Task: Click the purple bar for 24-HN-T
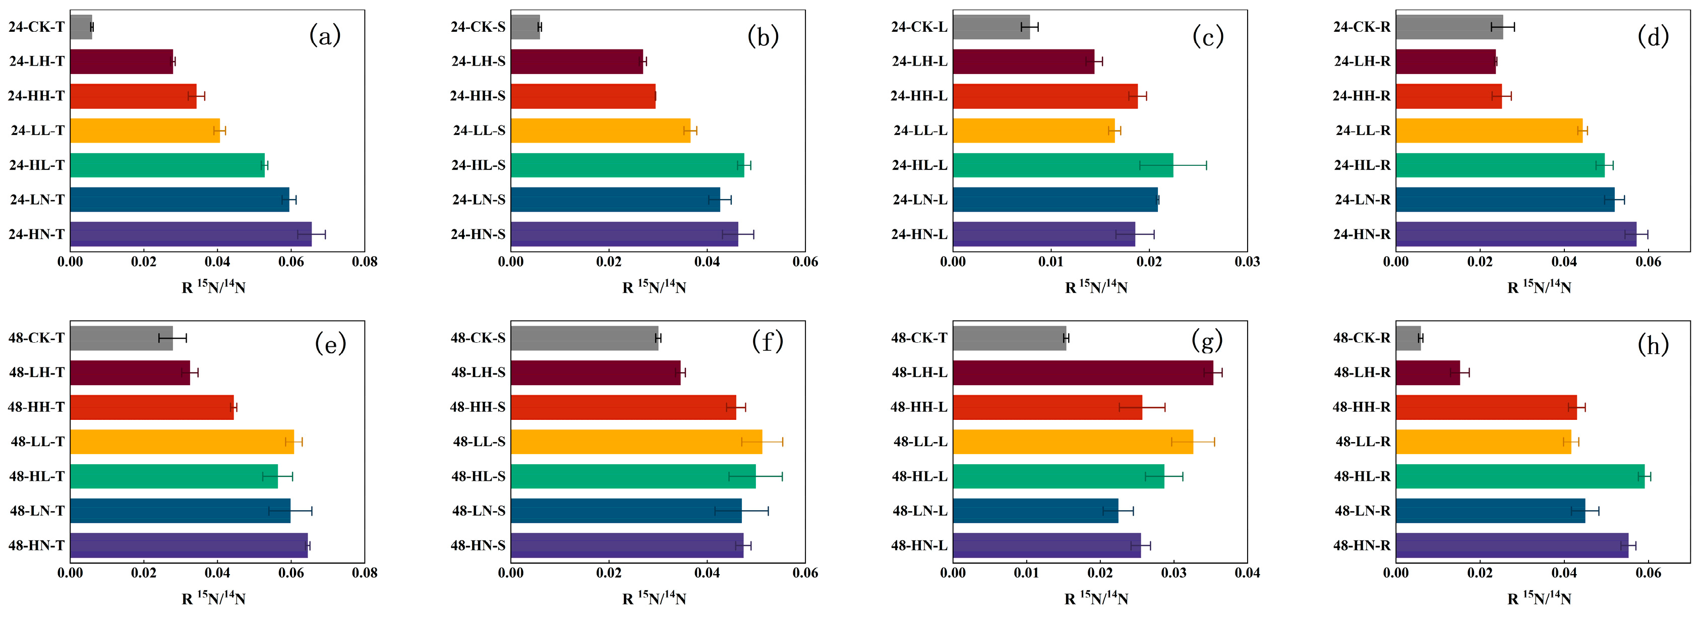click(191, 234)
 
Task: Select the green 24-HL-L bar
click(1063, 165)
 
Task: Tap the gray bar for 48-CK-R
click(1409, 338)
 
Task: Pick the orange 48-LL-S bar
click(636, 441)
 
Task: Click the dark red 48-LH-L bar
click(1083, 373)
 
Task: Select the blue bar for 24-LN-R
click(1505, 199)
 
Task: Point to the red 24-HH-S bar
click(583, 96)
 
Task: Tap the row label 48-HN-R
click(1362, 545)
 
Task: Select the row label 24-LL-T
click(38, 131)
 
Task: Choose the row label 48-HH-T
click(36, 407)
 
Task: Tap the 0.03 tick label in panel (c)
click(1247, 261)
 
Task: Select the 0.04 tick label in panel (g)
click(1247, 573)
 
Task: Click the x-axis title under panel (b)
click(654, 286)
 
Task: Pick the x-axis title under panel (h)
click(1539, 598)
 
